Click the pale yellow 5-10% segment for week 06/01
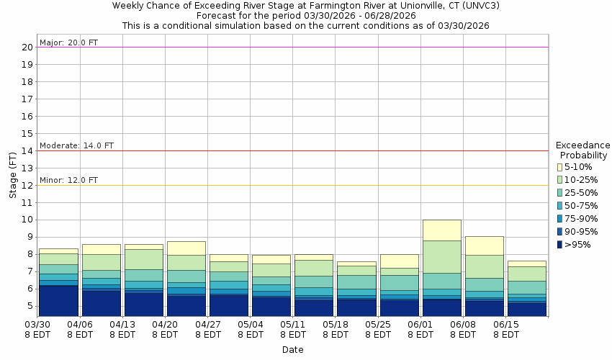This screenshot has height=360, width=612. (441, 230)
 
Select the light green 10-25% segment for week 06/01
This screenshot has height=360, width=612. (441, 256)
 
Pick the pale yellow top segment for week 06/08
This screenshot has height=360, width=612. (484, 246)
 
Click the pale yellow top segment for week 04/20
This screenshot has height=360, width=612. (186, 248)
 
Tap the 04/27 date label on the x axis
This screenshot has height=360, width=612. (208, 330)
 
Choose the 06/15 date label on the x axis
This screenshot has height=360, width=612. (506, 330)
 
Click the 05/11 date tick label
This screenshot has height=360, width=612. (293, 330)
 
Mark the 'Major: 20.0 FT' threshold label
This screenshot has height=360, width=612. (68, 42)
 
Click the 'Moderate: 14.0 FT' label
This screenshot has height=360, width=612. (76, 145)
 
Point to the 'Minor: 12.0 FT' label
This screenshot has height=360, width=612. (68, 180)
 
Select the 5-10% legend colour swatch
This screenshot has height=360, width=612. (559, 167)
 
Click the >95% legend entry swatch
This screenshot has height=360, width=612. (559, 245)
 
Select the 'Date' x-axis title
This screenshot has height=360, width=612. (292, 350)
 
